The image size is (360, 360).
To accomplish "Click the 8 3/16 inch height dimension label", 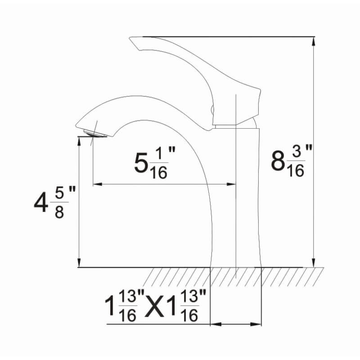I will point(288,162).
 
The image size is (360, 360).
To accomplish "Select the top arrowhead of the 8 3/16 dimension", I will point(314,40).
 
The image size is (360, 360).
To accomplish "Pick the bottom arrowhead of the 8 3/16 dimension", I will point(314,263).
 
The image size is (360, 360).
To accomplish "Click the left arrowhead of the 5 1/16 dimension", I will point(97,184).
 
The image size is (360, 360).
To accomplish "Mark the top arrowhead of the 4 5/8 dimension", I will point(79,141).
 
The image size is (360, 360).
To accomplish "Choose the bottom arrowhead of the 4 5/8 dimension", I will point(79,263).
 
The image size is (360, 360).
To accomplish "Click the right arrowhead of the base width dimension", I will point(258,324).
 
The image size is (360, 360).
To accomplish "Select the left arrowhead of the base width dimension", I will point(215,324).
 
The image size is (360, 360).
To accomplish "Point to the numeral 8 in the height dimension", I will point(278,162).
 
